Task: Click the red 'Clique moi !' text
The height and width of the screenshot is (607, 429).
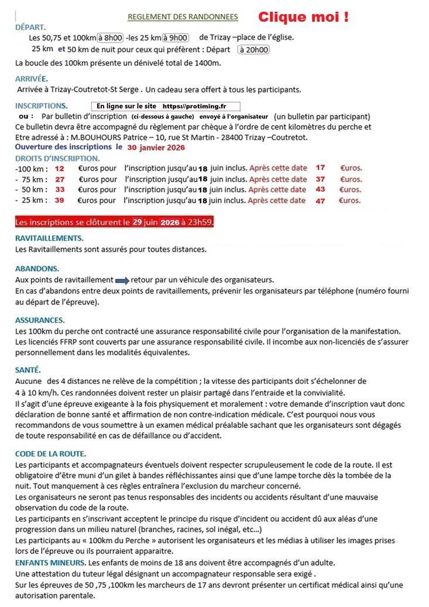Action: pos(303,17)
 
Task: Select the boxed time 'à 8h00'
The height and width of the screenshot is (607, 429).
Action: pos(111,38)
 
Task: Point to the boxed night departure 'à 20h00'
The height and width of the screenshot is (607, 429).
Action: pos(253,50)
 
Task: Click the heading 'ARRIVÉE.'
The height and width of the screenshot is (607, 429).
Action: pos(32,79)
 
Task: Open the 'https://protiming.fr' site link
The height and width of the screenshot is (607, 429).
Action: pos(194,107)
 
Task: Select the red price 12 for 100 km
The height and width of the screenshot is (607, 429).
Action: pos(60,168)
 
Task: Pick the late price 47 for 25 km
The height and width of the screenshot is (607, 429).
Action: pos(320,200)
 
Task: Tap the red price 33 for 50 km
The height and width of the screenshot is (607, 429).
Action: pos(60,190)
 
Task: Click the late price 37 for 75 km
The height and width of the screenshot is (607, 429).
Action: pos(320,179)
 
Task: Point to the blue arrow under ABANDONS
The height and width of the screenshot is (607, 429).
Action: pos(122,280)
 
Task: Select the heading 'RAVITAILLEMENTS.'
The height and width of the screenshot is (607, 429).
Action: pos(49,238)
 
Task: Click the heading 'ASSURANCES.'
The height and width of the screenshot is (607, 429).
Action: pos(40,320)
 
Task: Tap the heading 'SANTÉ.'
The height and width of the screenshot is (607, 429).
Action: pos(28,370)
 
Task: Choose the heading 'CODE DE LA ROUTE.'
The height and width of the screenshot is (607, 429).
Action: pos(51,453)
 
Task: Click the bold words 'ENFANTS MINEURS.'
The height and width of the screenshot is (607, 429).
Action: pos(52,563)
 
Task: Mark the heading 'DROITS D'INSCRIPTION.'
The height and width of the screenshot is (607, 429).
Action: pos(57,158)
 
